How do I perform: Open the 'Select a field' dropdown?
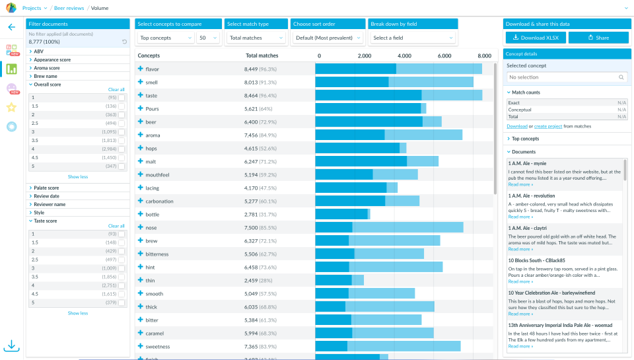point(412,38)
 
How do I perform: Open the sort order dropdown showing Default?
point(328,38)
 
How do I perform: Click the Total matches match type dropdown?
point(256,38)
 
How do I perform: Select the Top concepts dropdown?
point(164,38)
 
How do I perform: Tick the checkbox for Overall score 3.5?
point(122,141)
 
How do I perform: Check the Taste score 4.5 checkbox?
point(122,294)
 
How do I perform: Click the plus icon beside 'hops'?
point(140,149)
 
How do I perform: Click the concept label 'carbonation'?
point(159,201)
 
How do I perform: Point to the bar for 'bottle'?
point(342,215)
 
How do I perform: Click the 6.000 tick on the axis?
point(444,56)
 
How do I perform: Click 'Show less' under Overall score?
point(78,177)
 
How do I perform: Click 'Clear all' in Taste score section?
point(116,226)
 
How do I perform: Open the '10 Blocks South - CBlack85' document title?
point(541,261)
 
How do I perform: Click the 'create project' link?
point(548,126)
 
